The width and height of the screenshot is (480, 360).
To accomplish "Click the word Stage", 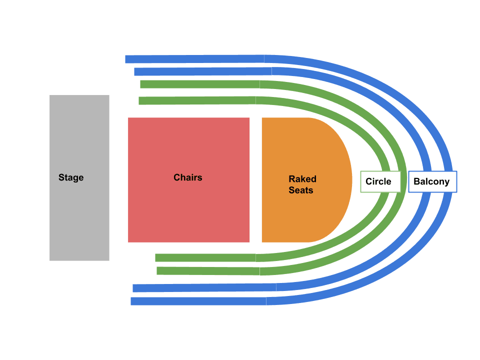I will pyautogui.click(x=71, y=177).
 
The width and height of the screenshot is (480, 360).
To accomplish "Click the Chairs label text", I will pyautogui.click(x=188, y=177).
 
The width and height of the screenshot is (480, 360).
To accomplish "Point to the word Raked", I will pyautogui.click(x=302, y=179).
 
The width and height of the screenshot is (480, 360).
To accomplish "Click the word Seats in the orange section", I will pyautogui.click(x=301, y=190).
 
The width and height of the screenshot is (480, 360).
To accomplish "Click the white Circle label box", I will pyautogui.click(x=380, y=181).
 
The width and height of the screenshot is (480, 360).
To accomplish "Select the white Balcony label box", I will pyautogui.click(x=432, y=181).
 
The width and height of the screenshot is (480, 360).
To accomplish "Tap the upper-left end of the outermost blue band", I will pyautogui.click(x=128, y=59).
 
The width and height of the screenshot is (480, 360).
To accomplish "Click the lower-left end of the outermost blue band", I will pyautogui.click(x=133, y=301).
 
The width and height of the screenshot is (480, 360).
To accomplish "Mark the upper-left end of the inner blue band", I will pyautogui.click(x=137, y=71).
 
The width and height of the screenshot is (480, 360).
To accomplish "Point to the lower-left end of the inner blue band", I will pyautogui.click(x=135, y=288).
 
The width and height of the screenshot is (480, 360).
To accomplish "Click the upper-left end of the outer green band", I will pyautogui.click(x=143, y=84).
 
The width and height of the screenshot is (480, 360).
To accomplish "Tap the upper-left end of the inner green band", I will pyautogui.click(x=141, y=100).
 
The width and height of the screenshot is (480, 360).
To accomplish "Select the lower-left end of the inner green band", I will pyautogui.click(x=158, y=257).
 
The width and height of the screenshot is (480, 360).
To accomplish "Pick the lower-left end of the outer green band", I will pyautogui.click(x=159, y=270).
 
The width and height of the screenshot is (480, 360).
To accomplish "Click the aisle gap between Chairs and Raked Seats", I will pyautogui.click(x=255, y=180).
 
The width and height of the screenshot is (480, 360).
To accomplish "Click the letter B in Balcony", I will pyautogui.click(x=416, y=182).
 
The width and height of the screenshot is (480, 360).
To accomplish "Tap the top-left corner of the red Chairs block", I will pyautogui.click(x=129, y=118).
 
